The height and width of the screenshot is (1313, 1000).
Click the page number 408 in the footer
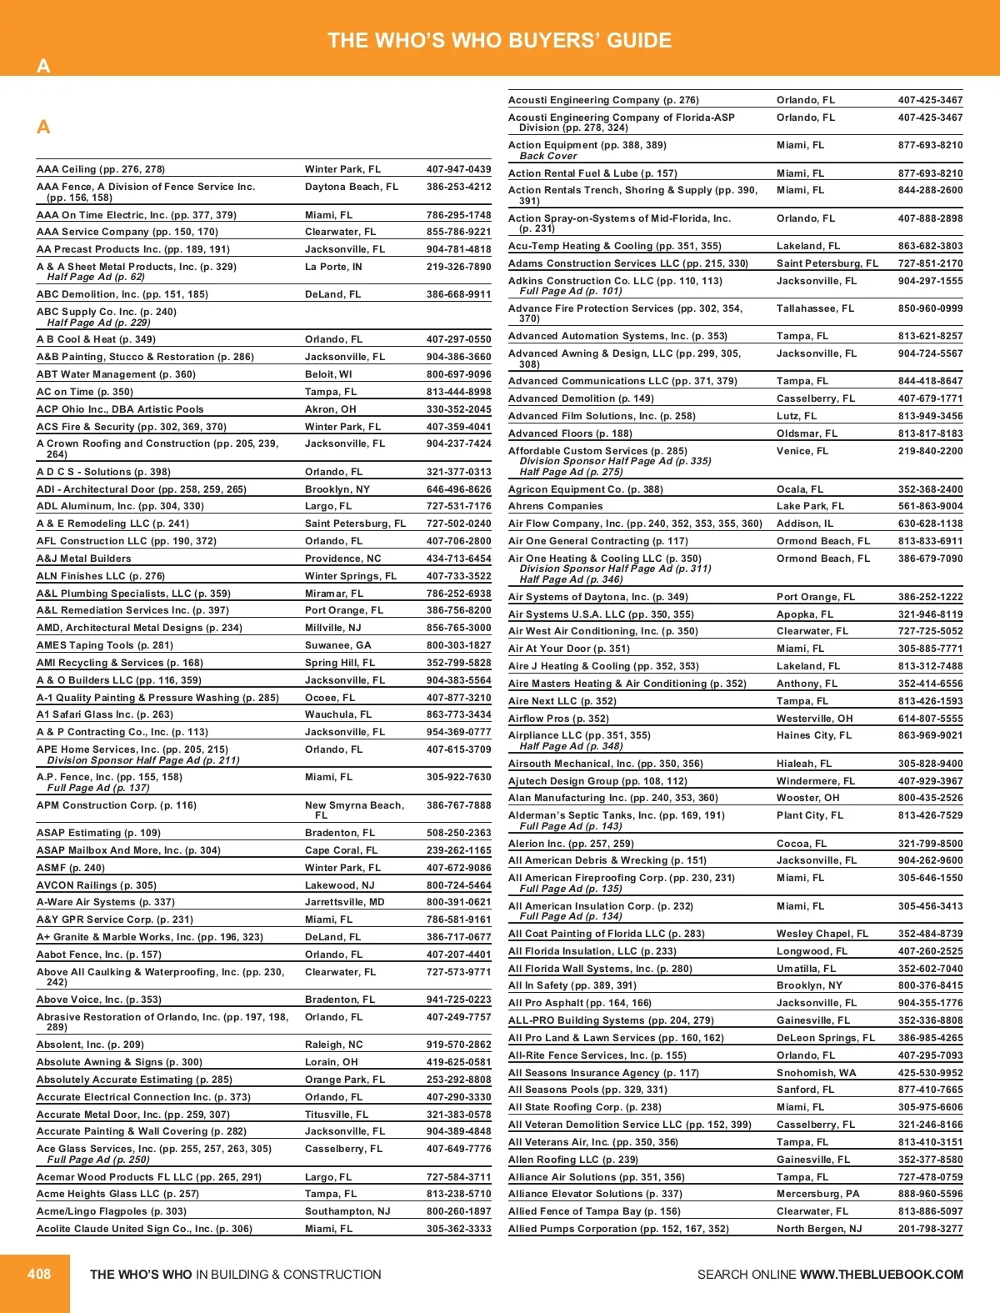(x=39, y=1274)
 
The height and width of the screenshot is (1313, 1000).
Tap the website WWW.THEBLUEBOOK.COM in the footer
(x=881, y=1275)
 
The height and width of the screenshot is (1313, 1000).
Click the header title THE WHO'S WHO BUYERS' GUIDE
(x=499, y=41)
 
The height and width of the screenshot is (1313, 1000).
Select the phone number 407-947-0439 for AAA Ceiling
(x=458, y=169)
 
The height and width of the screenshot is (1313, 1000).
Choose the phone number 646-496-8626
(x=458, y=489)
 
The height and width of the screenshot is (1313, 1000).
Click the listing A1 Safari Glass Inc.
(x=105, y=714)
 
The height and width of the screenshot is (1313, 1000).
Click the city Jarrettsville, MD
(x=344, y=902)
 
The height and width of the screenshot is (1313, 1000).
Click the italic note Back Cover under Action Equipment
(x=547, y=156)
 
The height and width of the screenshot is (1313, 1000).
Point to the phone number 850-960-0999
(x=930, y=308)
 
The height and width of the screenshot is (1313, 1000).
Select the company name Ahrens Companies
(x=555, y=506)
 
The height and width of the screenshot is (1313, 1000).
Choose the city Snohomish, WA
(x=816, y=1073)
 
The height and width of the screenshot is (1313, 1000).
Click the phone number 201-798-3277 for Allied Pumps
(x=930, y=1229)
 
